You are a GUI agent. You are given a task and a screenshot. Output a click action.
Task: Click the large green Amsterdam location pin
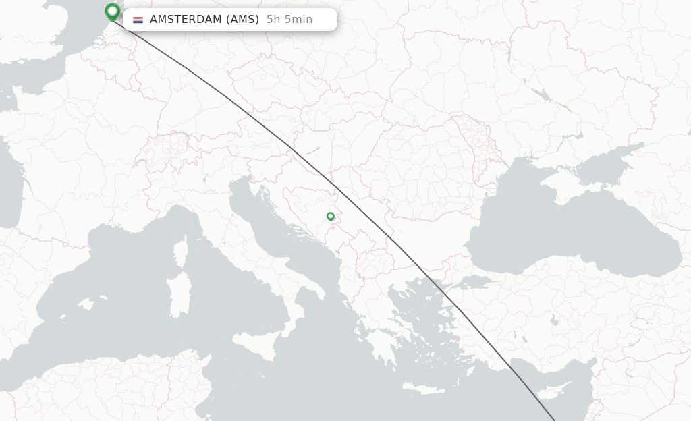[x=113, y=11]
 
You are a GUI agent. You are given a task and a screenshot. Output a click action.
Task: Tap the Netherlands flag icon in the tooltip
[x=138, y=20]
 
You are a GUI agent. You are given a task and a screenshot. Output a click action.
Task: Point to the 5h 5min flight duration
[x=289, y=20]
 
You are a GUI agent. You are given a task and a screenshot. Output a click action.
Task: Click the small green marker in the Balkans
[x=330, y=217]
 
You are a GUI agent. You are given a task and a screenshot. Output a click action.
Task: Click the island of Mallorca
[x=85, y=305]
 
